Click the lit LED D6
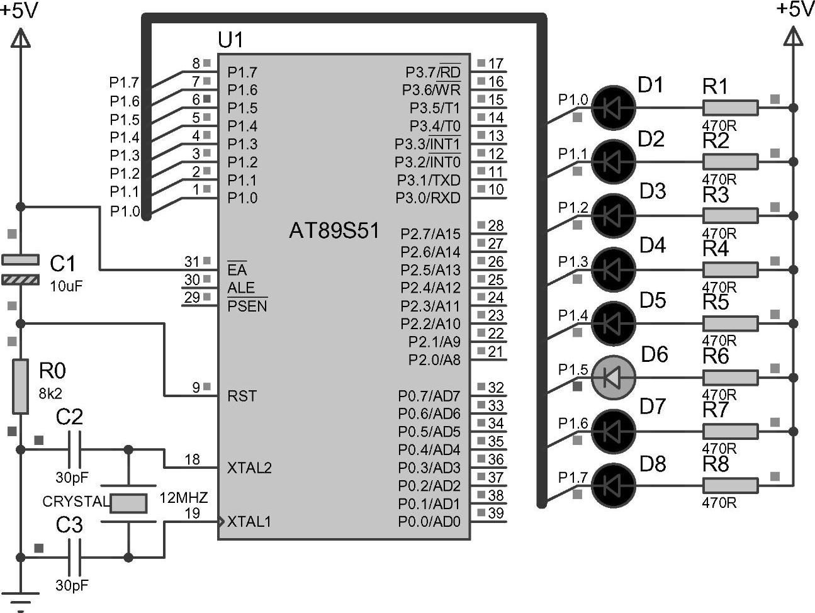point(614,377)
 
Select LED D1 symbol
point(614,108)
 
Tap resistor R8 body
point(730,485)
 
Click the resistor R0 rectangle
point(21,386)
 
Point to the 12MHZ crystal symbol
point(129,503)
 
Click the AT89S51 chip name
point(334,231)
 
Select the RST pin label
point(242,396)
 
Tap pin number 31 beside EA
point(191,261)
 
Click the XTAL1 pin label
point(249,522)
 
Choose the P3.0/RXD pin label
point(428,198)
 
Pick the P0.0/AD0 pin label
point(429,522)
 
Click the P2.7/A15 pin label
point(430,234)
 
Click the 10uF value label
point(66,286)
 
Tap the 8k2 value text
point(50,393)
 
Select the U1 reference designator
point(230,40)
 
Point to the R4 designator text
point(716,249)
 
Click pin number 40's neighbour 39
point(496,513)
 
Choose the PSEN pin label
point(247,306)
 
